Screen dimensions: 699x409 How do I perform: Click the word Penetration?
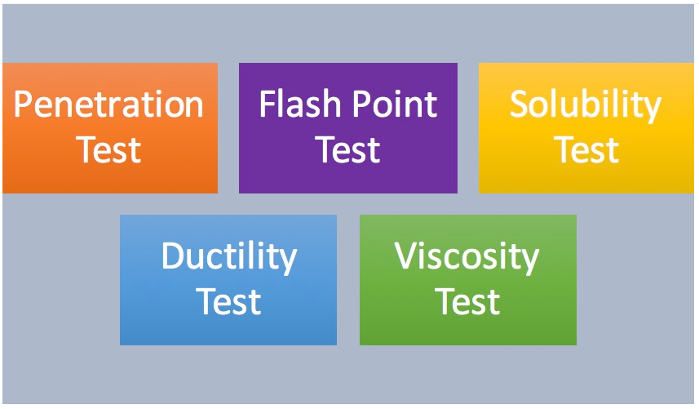pos(108,104)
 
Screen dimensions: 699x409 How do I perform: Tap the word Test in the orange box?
pos(108,150)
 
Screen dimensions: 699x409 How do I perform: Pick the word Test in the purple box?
pos(347,150)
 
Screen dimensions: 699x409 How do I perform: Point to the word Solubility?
pos(586,105)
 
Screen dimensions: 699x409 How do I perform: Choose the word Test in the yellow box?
pos(586,150)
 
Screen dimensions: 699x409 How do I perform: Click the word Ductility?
pos(229,257)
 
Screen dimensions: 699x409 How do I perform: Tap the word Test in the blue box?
pos(228,302)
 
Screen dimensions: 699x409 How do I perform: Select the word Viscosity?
pos(467,257)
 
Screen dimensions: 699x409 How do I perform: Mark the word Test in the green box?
pos(467,302)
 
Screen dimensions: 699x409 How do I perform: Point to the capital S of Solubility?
pos(520,104)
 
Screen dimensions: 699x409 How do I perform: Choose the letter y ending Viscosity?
pos(530,262)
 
